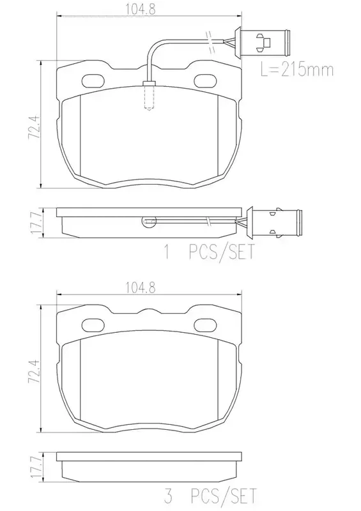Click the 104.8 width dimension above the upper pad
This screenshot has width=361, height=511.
click(141, 10)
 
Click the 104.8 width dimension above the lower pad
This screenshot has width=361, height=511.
click(141, 287)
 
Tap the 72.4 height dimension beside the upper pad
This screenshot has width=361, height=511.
click(35, 126)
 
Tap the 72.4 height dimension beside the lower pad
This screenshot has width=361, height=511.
click(35, 371)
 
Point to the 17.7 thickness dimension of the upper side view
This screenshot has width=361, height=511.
click(36, 223)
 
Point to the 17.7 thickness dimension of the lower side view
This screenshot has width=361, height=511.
click(36, 467)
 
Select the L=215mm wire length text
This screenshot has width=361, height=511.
click(296, 70)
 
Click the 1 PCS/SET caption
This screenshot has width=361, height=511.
click(209, 252)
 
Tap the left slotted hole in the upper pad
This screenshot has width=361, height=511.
click(93, 81)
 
